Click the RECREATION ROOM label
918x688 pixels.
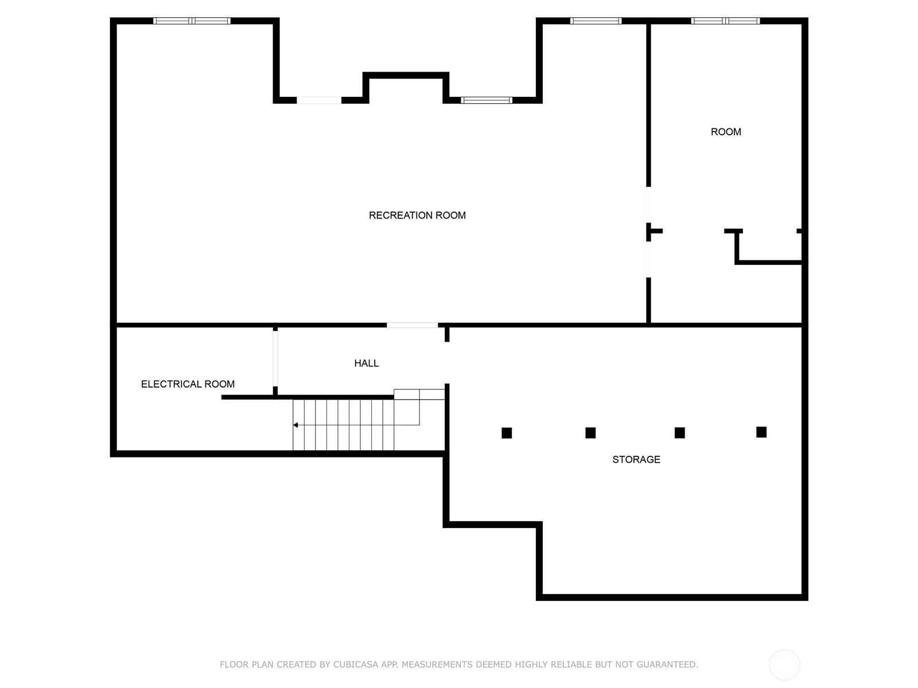pos(417,215)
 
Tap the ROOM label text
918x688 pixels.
pos(726,132)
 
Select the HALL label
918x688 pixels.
pos(367,363)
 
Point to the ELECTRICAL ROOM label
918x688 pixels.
pos(188,384)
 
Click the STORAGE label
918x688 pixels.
pos(636,459)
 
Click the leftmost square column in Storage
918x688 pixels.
pos(507,433)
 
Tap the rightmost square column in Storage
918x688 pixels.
pos(761,432)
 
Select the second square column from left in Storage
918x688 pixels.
pos(590,433)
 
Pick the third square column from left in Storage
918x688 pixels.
pos(680,433)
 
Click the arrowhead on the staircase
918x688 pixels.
pos(295,425)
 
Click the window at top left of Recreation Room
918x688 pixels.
pos(192,21)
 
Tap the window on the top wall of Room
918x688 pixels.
pos(725,21)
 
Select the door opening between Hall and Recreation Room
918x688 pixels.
pos(412,325)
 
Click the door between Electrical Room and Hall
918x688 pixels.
pos(275,358)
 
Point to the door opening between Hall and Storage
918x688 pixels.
pos(447,362)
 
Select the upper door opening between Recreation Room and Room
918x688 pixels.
pos(648,205)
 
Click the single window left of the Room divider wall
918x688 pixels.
pos(596,21)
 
